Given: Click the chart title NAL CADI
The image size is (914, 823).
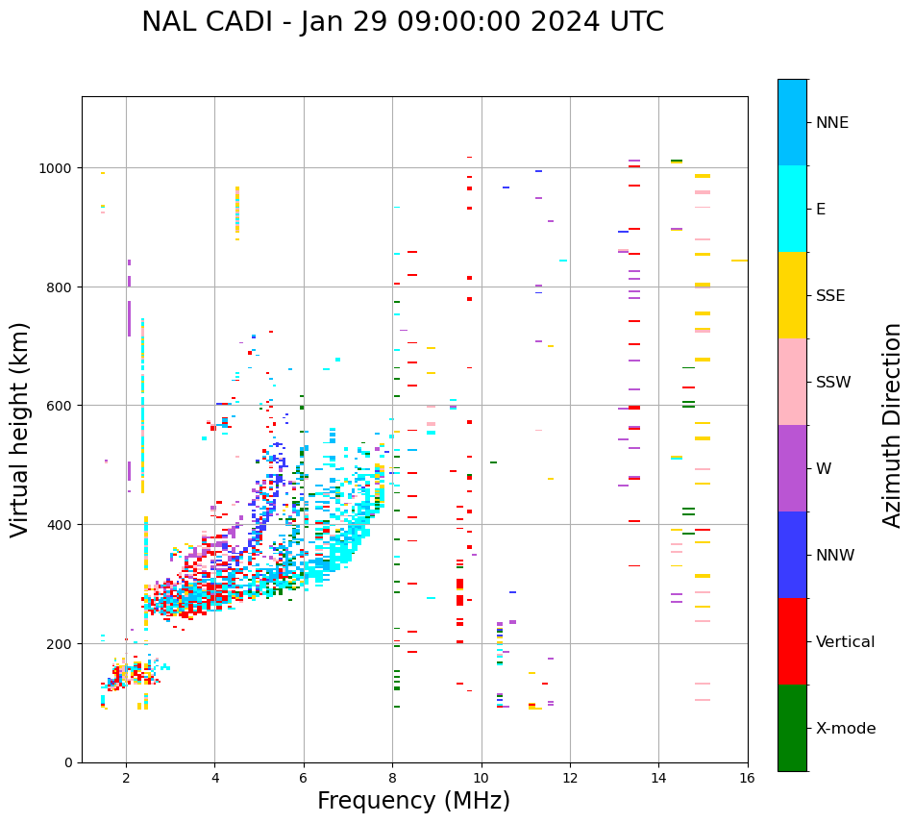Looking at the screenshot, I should [x=402, y=22].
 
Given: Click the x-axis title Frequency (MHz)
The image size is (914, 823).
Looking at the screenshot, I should [x=413, y=801].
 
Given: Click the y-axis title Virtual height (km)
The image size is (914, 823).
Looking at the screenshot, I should [x=20, y=430].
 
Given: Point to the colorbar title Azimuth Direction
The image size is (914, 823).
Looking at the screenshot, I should [x=893, y=425].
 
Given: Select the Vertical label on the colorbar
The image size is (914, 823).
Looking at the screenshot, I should [x=845, y=641].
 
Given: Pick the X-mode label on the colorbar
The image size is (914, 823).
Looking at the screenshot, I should [x=846, y=728].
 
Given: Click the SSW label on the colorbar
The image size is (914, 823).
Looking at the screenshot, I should [x=833, y=382].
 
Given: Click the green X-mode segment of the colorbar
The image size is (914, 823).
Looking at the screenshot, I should [x=792, y=728].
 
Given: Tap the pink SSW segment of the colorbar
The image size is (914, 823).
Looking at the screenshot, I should [x=792, y=382].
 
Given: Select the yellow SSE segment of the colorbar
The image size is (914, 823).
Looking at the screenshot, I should [x=792, y=295].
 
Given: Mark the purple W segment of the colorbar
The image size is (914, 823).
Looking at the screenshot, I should [x=792, y=468].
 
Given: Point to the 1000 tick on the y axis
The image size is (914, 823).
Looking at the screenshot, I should [x=58, y=168].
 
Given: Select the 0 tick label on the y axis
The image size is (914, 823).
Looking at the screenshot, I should [x=69, y=762].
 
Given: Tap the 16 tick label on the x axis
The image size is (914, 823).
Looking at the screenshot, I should [x=747, y=780].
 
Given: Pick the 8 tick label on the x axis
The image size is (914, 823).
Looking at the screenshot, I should [x=392, y=780].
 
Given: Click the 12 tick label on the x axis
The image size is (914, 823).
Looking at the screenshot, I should [x=570, y=780].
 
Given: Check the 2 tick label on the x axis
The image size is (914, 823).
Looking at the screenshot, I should [x=126, y=780].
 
